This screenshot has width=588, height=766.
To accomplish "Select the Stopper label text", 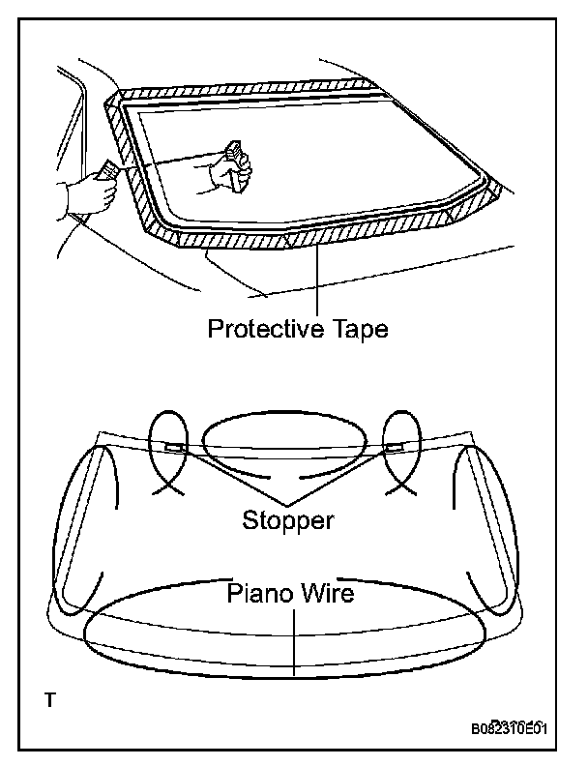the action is (x=288, y=520).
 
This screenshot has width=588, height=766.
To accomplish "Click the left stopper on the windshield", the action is (x=175, y=448).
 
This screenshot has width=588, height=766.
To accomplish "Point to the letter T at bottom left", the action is (x=49, y=698).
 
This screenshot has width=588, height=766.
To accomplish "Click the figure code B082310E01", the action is (x=509, y=728).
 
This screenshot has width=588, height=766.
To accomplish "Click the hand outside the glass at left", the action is (x=92, y=191).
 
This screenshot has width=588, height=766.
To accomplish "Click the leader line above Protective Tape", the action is (x=318, y=280).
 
